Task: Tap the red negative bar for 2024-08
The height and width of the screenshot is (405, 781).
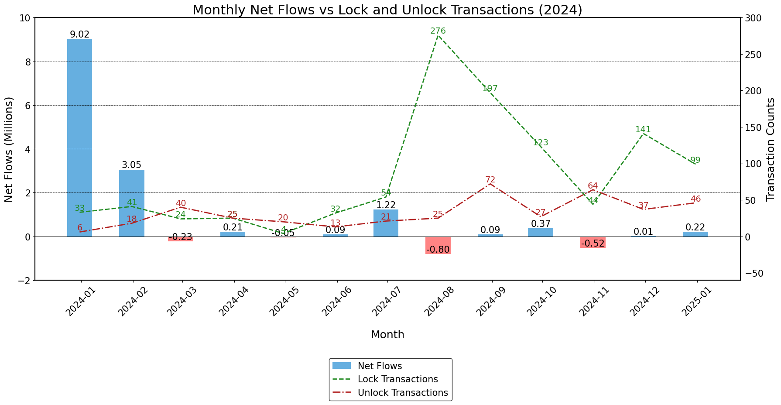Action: (438, 245)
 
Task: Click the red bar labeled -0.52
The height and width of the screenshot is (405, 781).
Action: (593, 242)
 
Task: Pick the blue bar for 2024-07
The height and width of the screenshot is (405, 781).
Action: (386, 223)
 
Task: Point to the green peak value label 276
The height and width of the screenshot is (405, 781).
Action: (438, 31)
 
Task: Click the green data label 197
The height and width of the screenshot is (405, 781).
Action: (490, 89)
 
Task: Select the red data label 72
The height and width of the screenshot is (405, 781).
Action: (490, 180)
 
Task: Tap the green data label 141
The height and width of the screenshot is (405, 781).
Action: (643, 130)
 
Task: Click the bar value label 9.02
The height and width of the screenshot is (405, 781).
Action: (79, 34)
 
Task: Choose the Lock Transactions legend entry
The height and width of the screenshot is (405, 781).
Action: (397, 379)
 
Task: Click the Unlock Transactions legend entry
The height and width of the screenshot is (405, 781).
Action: (402, 392)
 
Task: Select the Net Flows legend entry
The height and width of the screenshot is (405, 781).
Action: (379, 366)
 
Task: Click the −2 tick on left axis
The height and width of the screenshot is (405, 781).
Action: (23, 280)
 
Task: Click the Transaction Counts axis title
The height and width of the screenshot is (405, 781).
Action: (771, 149)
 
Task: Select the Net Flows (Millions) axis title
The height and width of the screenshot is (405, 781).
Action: (9, 149)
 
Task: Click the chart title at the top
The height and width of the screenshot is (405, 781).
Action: (387, 10)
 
